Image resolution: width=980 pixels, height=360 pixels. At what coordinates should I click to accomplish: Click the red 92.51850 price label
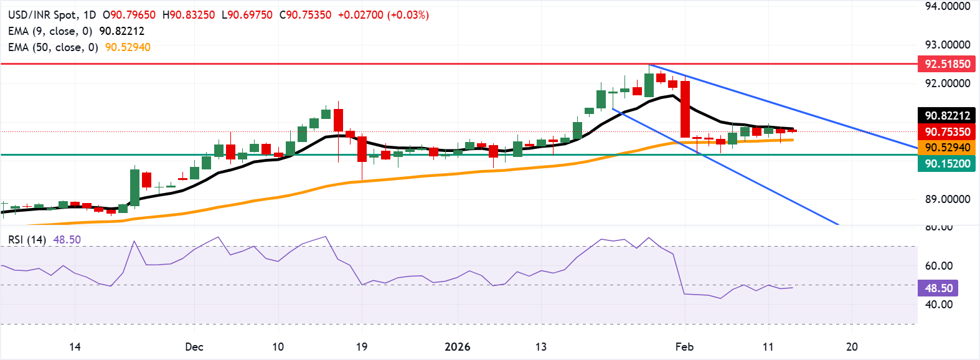(x=946, y=64)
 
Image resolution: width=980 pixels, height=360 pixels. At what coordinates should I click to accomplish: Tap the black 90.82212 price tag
(x=946, y=115)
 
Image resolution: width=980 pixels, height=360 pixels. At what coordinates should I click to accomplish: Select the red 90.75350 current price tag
(x=946, y=131)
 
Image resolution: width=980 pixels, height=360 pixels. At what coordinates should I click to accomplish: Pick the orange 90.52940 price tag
(x=946, y=148)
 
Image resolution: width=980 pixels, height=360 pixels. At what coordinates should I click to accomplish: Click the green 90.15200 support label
(x=946, y=164)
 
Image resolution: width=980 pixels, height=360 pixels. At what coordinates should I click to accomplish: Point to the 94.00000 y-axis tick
(x=947, y=6)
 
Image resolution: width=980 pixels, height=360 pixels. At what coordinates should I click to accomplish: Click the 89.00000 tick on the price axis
(x=947, y=199)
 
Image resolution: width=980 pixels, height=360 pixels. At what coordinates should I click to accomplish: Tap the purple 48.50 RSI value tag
(x=938, y=288)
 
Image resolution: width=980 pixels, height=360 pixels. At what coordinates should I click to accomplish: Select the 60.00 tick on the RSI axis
(x=938, y=266)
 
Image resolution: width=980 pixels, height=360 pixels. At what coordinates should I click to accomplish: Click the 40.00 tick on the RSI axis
(x=938, y=305)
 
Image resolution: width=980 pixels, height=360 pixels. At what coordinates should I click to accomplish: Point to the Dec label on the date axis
(x=194, y=347)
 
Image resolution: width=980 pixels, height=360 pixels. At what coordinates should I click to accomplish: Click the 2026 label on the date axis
(x=458, y=347)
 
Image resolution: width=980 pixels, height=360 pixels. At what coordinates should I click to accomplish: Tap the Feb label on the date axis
(x=684, y=347)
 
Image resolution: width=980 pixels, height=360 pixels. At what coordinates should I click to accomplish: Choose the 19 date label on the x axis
(x=362, y=347)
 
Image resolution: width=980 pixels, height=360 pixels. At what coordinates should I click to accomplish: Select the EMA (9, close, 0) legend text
(x=50, y=31)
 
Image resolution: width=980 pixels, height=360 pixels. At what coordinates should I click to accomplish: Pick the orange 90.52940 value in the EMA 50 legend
(x=128, y=47)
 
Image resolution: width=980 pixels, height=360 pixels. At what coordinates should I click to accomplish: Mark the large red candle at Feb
(x=686, y=109)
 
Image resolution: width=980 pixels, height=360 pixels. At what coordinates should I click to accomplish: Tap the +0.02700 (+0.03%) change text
(x=383, y=15)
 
